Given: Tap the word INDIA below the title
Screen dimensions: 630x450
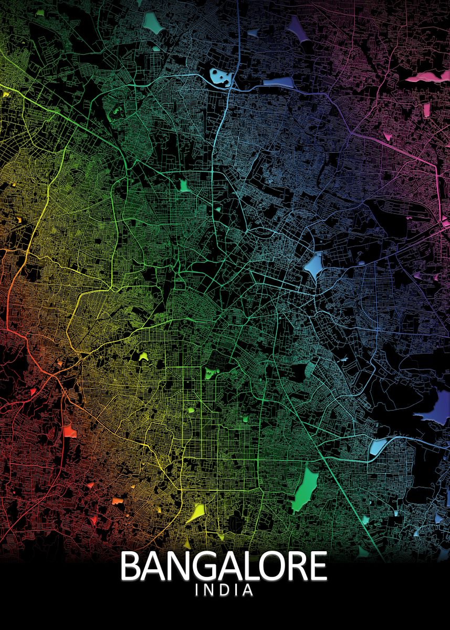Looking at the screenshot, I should [x=224, y=591].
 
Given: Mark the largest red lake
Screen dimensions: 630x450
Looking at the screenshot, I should [x=69, y=432].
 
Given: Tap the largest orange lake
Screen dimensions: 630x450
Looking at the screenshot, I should [x=117, y=501].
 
